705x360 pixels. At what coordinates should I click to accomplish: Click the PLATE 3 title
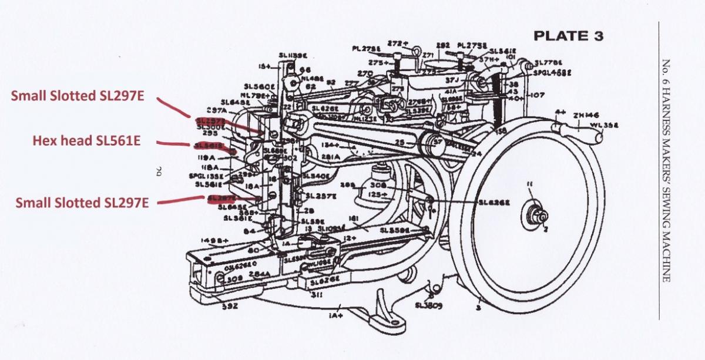coord(568,36)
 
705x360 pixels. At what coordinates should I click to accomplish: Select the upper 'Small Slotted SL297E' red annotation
coord(76,97)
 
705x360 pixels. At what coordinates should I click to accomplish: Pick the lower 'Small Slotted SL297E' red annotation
coord(82,203)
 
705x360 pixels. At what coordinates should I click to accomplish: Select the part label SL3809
coord(428,305)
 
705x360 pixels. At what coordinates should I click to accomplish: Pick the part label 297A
coord(217,110)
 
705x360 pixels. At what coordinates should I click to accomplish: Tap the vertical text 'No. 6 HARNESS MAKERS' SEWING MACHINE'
coord(666,170)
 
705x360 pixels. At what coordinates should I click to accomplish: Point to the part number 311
coord(316,295)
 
